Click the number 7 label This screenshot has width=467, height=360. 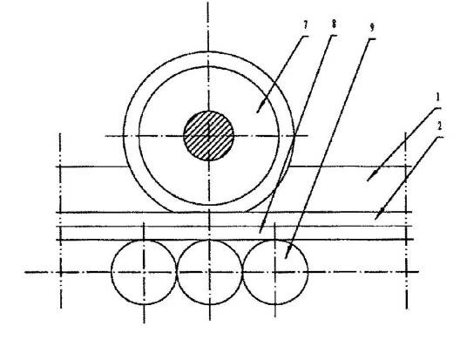[x=305, y=25]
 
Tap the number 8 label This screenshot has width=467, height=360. [x=334, y=24]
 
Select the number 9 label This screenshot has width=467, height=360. [x=371, y=28]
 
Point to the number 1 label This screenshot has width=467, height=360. [x=437, y=97]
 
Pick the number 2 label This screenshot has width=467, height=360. [x=439, y=126]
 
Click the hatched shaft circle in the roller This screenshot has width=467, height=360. [x=208, y=136]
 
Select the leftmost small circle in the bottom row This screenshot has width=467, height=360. [x=144, y=272]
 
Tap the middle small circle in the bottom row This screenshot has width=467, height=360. [x=210, y=272]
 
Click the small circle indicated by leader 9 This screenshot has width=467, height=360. [x=275, y=272]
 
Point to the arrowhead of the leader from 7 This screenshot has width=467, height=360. [x=259, y=110]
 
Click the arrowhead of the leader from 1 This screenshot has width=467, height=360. [x=369, y=178]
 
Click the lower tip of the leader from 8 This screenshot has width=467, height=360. [x=260, y=233]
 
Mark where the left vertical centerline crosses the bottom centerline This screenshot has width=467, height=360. [x=61, y=272]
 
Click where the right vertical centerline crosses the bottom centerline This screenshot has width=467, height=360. [x=406, y=272]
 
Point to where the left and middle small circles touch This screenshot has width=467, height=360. [x=177, y=272]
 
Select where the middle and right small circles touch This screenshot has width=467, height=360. [x=243, y=272]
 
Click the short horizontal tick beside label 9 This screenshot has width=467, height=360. [x=371, y=39]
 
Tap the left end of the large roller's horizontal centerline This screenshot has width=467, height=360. [x=105, y=136]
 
